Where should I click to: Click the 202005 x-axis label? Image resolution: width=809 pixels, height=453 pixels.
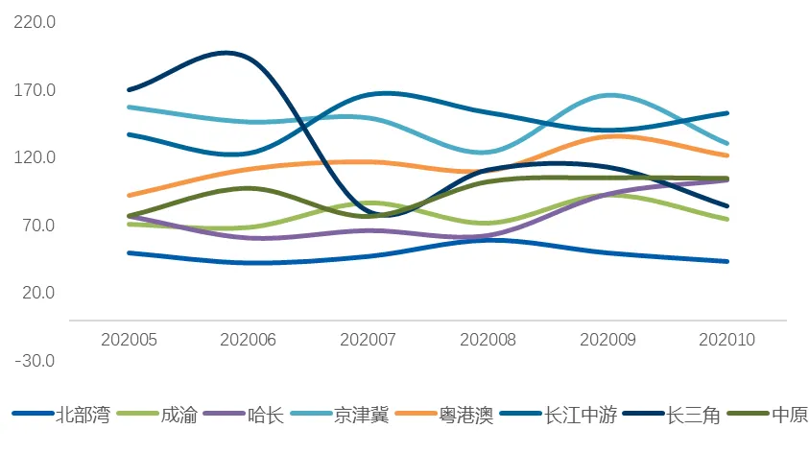(x=129, y=339)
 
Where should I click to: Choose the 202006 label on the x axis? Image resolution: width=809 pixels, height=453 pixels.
(x=249, y=339)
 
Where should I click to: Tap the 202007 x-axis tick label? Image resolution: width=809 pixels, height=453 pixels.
(x=369, y=339)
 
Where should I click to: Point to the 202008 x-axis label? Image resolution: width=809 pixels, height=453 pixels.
(x=488, y=339)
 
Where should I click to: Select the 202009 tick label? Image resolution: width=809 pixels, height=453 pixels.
(x=608, y=339)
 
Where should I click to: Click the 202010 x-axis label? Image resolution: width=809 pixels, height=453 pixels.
(x=727, y=339)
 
